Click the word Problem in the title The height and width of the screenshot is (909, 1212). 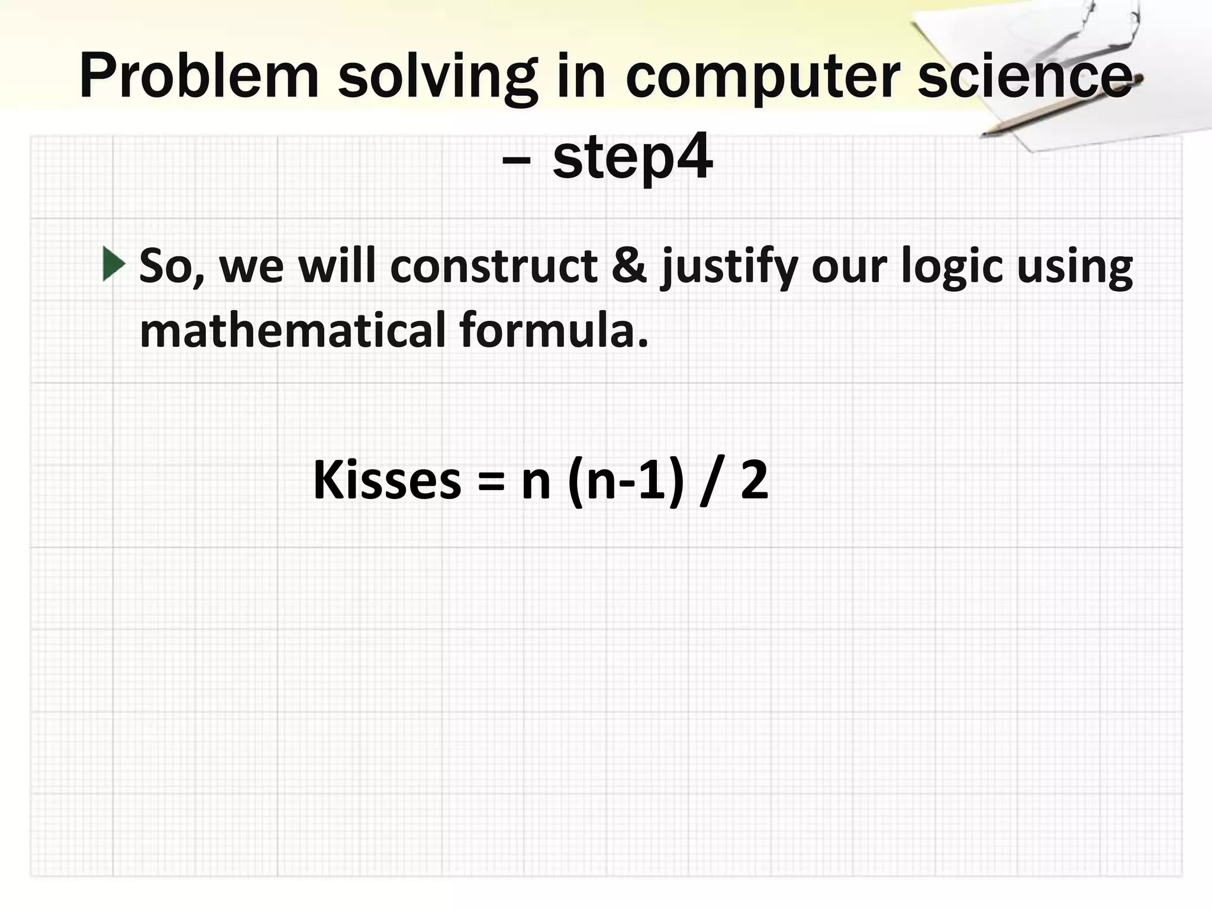point(199,76)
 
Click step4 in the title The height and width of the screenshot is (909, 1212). point(632,159)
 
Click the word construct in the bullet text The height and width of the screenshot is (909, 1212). point(494,266)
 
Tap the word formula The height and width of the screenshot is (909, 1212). point(553,330)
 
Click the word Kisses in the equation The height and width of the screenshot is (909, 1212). point(387,480)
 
